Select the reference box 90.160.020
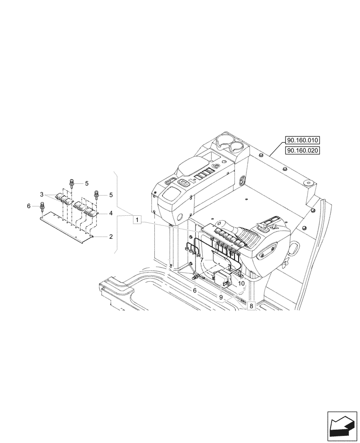(x=303, y=151)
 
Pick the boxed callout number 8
(x=251, y=306)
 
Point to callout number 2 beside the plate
(x=110, y=237)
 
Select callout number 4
(x=110, y=213)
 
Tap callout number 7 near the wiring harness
(x=201, y=260)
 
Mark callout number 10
(x=241, y=283)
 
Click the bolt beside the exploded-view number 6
(x=42, y=206)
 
